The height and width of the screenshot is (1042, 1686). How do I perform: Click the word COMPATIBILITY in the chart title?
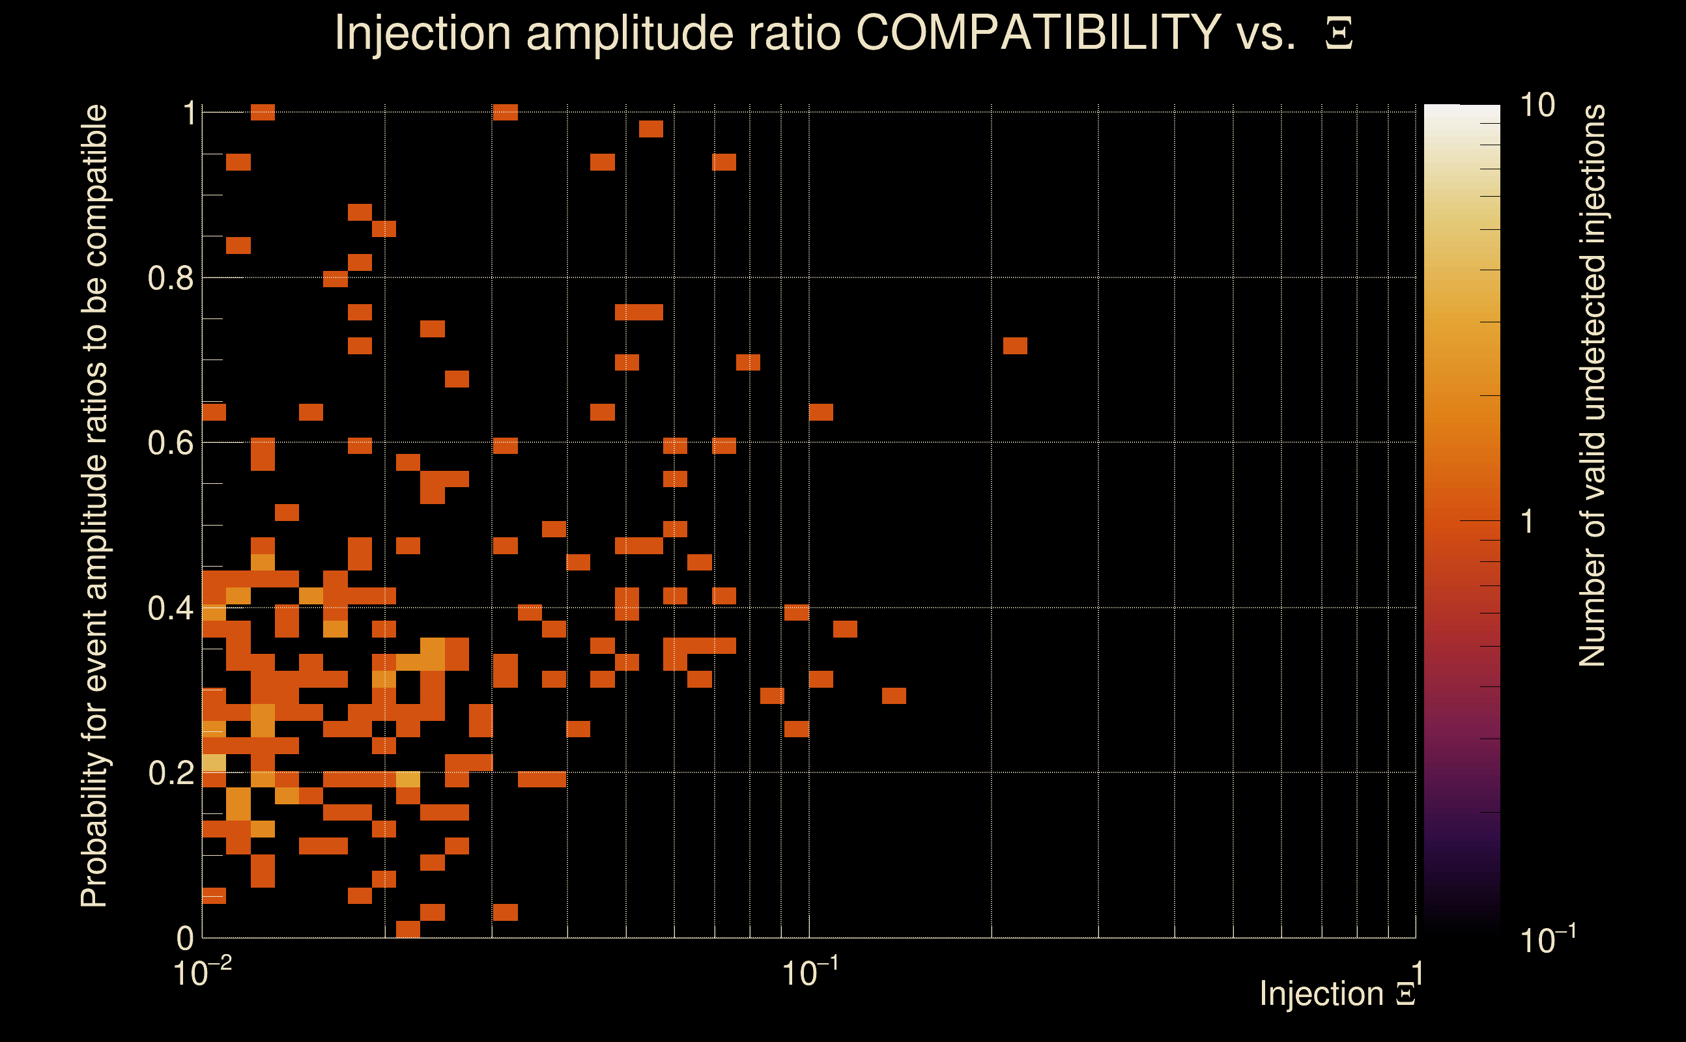[x=1038, y=33]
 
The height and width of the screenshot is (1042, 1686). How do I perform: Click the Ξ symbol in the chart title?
[x=1339, y=34]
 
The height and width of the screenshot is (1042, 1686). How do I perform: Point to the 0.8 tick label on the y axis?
[x=170, y=279]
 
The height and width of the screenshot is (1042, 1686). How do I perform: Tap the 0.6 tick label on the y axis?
[x=170, y=443]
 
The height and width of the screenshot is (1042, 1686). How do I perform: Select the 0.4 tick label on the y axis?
[x=170, y=608]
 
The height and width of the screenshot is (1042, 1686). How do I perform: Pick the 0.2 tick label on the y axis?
[x=170, y=773]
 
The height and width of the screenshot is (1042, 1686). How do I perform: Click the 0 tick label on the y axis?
[x=185, y=938]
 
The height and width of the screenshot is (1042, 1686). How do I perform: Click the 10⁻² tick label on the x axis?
[x=202, y=972]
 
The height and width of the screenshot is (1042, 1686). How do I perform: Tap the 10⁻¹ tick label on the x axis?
[x=809, y=972]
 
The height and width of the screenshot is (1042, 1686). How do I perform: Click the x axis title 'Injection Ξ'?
[x=1337, y=994]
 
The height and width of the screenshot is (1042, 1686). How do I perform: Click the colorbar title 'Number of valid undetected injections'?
[x=1592, y=386]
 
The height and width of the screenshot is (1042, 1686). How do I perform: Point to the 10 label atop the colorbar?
[x=1537, y=106]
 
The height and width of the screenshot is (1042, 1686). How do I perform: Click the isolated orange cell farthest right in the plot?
[x=1014, y=345]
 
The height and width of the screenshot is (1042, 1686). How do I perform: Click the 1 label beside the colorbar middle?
[x=1528, y=522]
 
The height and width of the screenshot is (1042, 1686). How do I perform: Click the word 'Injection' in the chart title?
[x=422, y=33]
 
